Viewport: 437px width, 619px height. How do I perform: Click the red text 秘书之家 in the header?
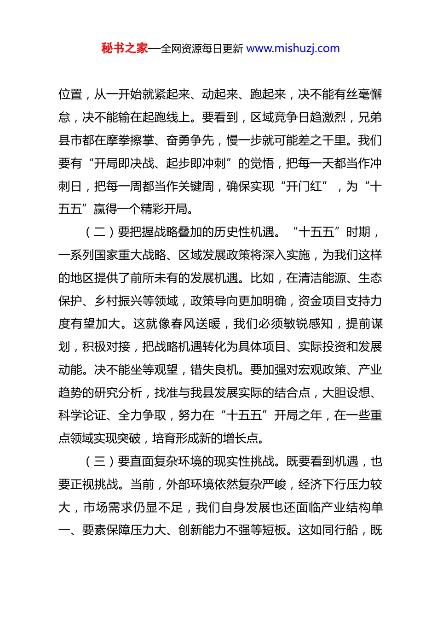125,48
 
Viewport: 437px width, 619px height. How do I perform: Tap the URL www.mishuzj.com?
293,48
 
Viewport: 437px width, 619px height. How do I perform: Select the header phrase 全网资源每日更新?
202,48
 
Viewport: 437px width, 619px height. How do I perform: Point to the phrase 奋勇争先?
190,140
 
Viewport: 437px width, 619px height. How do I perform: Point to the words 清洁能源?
322,278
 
